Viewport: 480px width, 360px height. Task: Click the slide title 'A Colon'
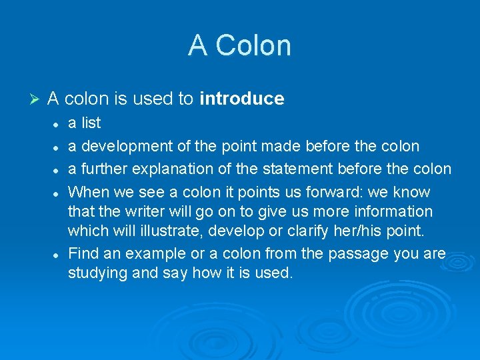pyautogui.click(x=239, y=45)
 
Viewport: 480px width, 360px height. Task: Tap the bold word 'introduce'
pyautogui.click(x=242, y=99)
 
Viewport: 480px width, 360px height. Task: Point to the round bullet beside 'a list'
pyautogui.click(x=58, y=124)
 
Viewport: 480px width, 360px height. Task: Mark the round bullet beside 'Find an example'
pyautogui.click(x=58, y=255)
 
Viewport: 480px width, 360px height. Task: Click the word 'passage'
pyautogui.click(x=349, y=253)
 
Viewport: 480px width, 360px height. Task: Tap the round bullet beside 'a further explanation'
pyautogui.click(x=58, y=170)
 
